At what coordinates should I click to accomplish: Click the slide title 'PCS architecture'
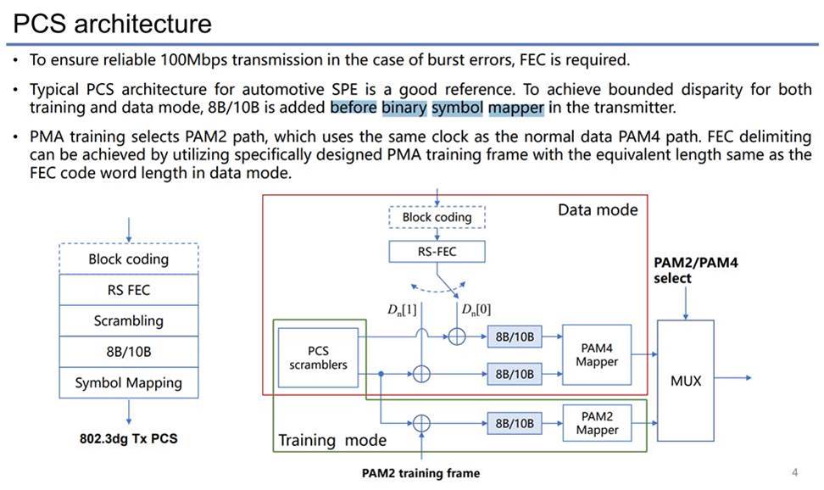112,24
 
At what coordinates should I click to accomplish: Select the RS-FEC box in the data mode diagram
437,251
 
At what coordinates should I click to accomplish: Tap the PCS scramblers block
318,358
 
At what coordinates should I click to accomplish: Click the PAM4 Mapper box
597,355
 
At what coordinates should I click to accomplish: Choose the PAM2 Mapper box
597,423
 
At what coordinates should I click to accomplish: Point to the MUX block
685,381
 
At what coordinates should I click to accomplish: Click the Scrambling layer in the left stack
129,320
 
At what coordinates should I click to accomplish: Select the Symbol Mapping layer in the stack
129,382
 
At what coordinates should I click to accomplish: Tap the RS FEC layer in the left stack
129,290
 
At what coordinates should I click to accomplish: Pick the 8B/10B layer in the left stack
129,352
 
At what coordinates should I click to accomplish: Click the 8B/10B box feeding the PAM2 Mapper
515,423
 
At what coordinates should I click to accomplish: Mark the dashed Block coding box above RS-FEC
437,217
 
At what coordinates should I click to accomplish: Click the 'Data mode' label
598,210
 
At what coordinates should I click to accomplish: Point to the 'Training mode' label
332,440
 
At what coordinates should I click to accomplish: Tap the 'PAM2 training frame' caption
420,473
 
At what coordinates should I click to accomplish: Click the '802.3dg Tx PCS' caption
129,438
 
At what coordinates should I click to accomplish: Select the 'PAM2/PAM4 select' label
695,270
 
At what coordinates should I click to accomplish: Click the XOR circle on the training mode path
421,423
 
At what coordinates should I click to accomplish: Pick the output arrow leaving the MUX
732,377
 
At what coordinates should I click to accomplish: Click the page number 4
794,472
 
